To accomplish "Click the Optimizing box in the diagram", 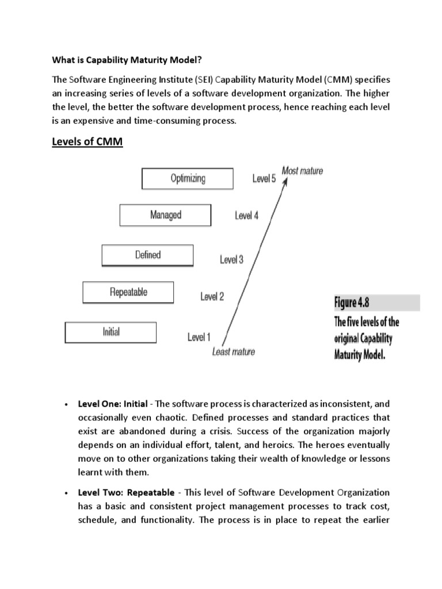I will [x=188, y=178].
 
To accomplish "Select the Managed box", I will [x=166, y=215].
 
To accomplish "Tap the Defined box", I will [x=147, y=255].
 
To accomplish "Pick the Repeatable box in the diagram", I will [x=128, y=292].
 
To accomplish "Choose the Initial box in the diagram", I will [x=110, y=332].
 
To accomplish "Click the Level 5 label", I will [x=264, y=178].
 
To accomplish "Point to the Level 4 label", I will [x=246, y=216].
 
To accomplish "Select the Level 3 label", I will [x=231, y=259].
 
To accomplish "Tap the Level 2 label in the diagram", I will [x=212, y=297].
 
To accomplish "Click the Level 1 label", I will [x=199, y=337].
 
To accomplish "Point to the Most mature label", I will [x=302, y=171].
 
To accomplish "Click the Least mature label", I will [x=233, y=351].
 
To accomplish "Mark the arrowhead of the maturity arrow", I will [x=285, y=179].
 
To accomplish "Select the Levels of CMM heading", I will [x=88, y=141].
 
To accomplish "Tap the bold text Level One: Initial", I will [x=112, y=404].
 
